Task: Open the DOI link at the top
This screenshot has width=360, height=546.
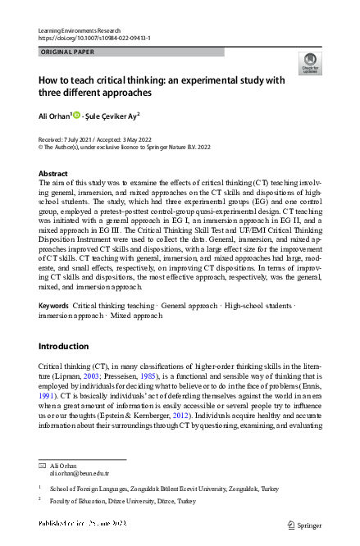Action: coord(94,38)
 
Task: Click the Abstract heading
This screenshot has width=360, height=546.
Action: coord(53,174)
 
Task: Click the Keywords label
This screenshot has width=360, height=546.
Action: coord(54,328)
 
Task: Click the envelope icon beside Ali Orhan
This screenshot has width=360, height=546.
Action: coord(42,465)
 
